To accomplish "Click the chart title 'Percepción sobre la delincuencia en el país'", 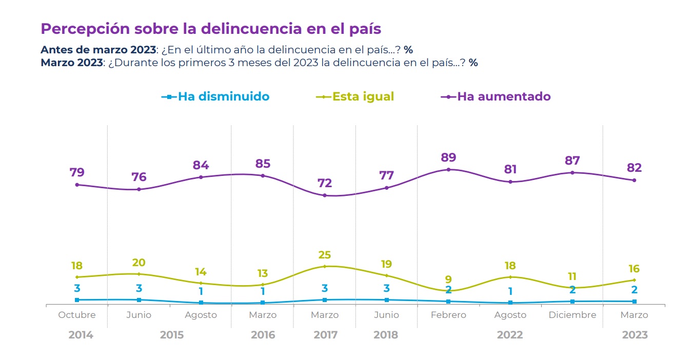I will [210, 29].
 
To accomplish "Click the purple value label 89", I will [448, 157].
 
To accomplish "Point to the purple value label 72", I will [325, 183].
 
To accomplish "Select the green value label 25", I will [325, 255].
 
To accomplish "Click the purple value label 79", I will [77, 172].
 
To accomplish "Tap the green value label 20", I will [139, 263].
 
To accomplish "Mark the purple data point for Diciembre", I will [572, 172].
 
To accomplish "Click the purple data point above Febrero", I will [448, 169].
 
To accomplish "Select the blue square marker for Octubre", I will [77, 299].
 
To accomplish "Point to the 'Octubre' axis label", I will [77, 315].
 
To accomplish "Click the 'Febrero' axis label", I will [448, 315].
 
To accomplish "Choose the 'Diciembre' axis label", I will [572, 315].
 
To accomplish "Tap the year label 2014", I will [81, 335].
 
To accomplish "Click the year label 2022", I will [510, 335].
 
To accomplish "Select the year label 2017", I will [325, 335].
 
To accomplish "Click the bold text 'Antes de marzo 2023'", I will [97, 50].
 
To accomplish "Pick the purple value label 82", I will [634, 168].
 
